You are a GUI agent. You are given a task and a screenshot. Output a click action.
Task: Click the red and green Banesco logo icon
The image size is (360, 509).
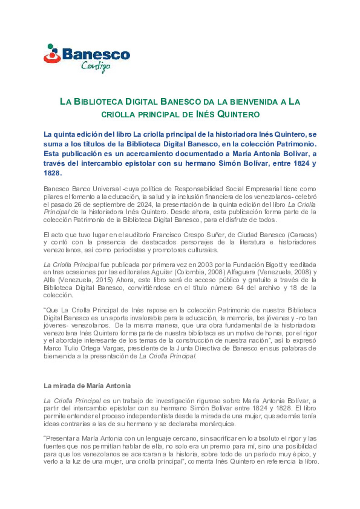pyautogui.click(x=52, y=54)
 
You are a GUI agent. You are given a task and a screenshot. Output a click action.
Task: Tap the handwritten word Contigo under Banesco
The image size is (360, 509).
pyautogui.click(x=96, y=66)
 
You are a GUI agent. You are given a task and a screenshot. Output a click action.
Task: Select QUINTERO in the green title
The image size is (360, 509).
pyautogui.click(x=238, y=115)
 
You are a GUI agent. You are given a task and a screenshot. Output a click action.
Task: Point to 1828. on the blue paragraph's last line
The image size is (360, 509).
pyautogui.click(x=52, y=173)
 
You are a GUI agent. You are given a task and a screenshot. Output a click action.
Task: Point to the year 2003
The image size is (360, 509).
pyautogui.click(x=205, y=265)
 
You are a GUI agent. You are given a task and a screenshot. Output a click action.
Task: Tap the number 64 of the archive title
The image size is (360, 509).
pyautogui.click(x=240, y=288)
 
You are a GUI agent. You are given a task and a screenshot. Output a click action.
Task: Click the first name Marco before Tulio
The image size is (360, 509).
pyautogui.click(x=52, y=348)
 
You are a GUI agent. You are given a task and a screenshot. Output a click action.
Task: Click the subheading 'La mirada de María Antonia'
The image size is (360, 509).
pyautogui.click(x=87, y=386)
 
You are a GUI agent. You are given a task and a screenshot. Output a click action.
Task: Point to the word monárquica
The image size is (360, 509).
pyautogui.click(x=217, y=424)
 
